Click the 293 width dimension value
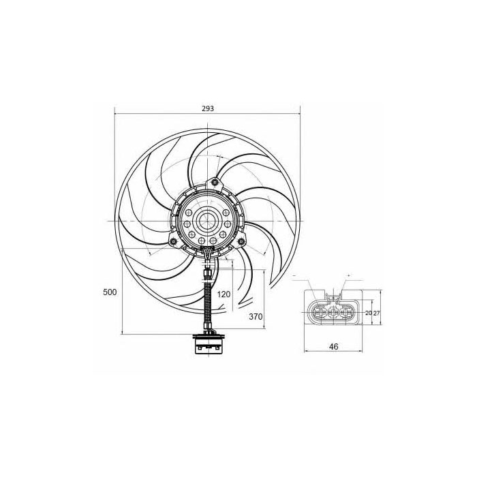[x=208, y=108]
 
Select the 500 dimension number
[x=110, y=292]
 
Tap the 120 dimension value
[x=224, y=294]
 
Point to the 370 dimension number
[x=256, y=317]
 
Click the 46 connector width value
[x=334, y=346]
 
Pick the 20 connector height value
[x=369, y=313]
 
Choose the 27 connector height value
[x=376, y=313]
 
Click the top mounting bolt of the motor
[x=215, y=182]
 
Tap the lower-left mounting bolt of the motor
[x=174, y=241]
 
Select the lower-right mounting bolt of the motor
[x=241, y=241]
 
